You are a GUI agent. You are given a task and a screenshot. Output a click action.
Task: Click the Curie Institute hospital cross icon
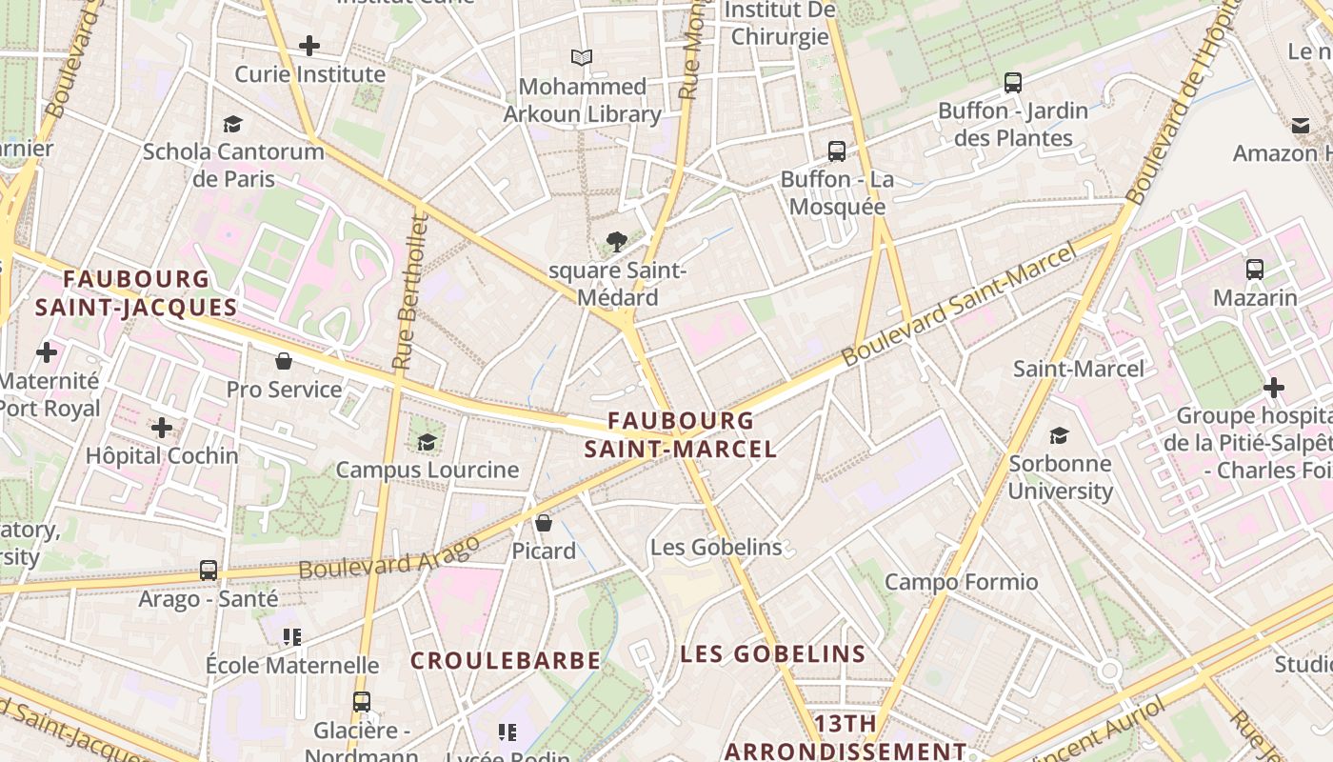pos(309,45)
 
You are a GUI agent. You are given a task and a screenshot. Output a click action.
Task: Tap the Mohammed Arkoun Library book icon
pos(582,57)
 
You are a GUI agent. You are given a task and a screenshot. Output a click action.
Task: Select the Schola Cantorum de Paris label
pos(233,165)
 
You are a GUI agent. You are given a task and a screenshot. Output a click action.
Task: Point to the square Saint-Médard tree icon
pos(617,242)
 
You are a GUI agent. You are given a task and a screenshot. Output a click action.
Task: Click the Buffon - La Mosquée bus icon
pos(837,150)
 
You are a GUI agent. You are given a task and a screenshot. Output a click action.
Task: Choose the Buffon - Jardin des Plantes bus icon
pos(1013,83)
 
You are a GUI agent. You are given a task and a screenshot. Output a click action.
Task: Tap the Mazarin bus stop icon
pos(1255,270)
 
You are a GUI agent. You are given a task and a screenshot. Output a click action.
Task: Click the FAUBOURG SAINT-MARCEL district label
pos(681,434)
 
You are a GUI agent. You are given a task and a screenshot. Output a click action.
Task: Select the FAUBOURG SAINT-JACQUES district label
pos(136,292)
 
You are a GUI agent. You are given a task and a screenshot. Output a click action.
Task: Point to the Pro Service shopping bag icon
pos(284,361)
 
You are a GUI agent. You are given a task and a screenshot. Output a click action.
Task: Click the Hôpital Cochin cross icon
pos(162,428)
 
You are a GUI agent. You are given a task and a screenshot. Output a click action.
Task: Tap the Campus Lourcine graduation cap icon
pos(427,442)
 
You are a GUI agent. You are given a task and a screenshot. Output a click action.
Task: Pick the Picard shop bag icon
pos(544,523)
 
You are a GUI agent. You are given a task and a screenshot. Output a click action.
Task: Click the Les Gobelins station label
pos(716,548)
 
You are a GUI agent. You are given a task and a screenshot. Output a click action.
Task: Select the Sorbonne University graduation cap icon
pos(1059,436)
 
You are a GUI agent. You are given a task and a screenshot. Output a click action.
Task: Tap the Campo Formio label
pos(962,582)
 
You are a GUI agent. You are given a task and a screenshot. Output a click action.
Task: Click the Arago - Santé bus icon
pos(209,571)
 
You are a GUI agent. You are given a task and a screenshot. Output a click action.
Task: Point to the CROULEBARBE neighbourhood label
pos(506,660)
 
